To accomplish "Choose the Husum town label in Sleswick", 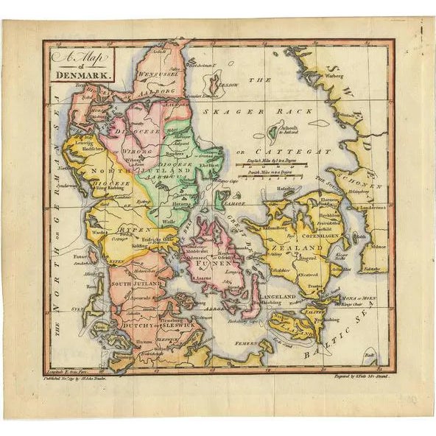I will tap(144, 341).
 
